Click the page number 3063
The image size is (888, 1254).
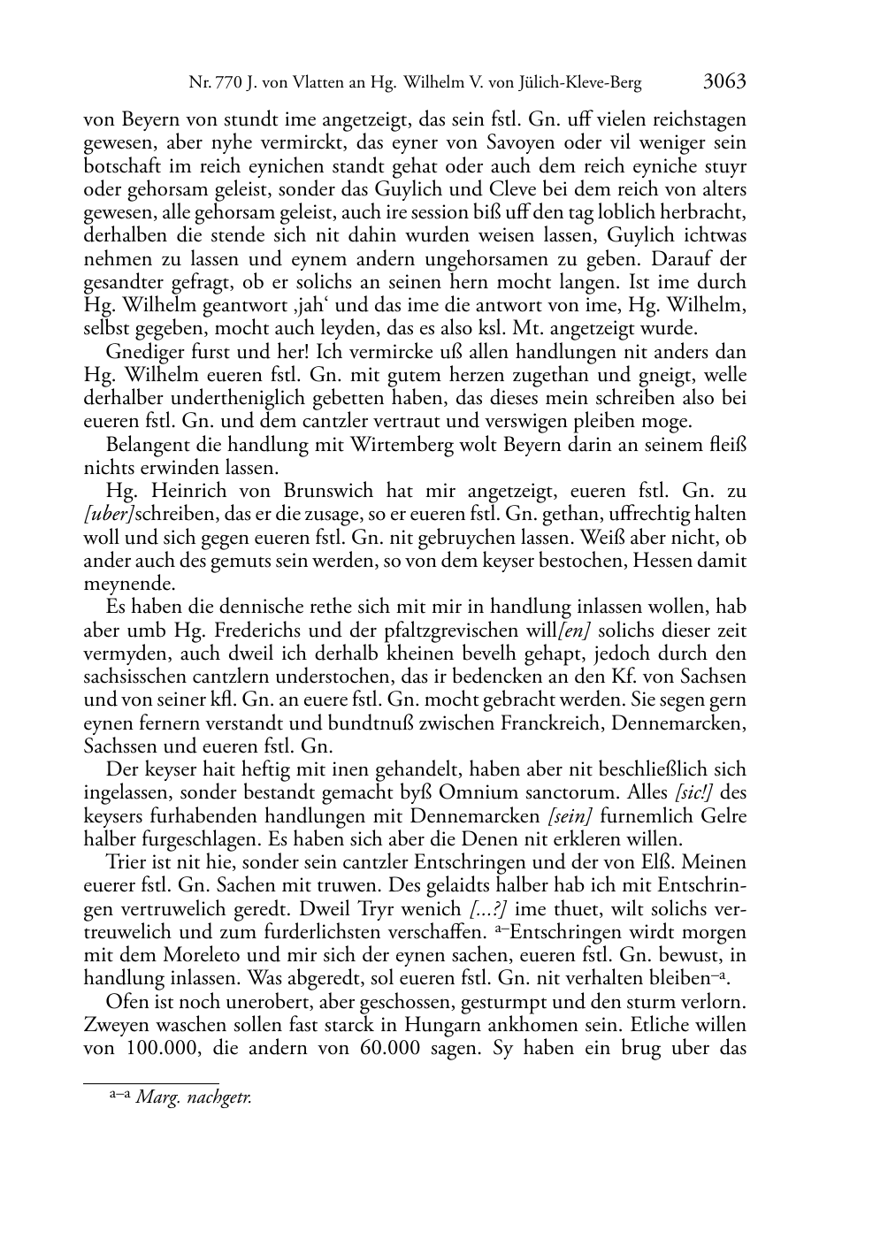pos(724,82)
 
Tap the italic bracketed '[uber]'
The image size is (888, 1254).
pos(110,514)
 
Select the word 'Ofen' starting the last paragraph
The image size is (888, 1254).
pos(124,1002)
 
